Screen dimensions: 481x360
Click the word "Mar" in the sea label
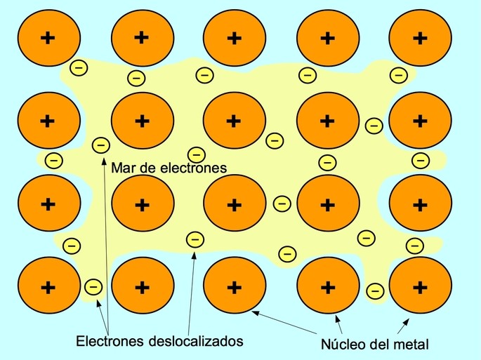coord(121,168)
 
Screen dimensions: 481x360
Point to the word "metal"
coord(414,345)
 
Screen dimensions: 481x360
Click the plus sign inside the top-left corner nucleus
coord(48,39)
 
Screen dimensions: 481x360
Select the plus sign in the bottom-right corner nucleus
coord(421,287)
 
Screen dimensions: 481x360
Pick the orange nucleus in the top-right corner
coord(421,38)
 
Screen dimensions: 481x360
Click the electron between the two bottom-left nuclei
coord(93,287)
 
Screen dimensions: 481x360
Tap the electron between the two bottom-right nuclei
coord(375,291)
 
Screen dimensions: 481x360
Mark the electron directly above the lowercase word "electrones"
coord(197,154)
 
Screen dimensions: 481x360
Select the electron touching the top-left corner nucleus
coord(79,67)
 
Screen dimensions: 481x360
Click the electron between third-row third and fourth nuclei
coord(282,204)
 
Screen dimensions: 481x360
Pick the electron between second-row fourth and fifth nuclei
coord(374,126)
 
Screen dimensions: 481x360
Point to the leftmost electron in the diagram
coord(53,160)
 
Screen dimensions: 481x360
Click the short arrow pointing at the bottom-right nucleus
coord(403,326)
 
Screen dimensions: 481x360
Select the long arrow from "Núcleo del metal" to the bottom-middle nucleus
coord(284,322)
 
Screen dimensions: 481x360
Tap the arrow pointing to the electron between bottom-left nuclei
coord(103,316)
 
